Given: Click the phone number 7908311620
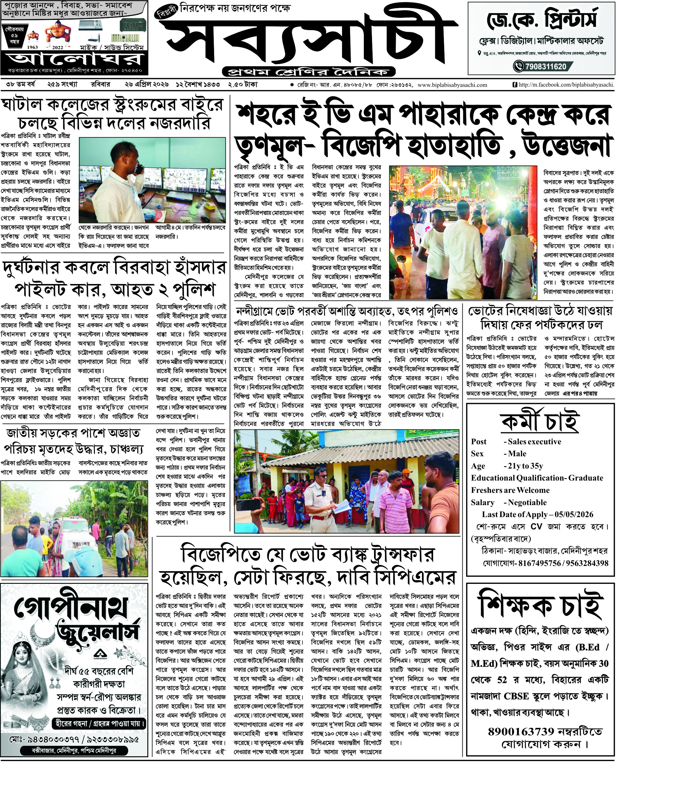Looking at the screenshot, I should [x=545, y=67].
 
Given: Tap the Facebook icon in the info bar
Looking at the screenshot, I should [x=515, y=85].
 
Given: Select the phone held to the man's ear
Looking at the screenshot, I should [x=138, y=169].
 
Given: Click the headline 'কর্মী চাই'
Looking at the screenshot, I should [x=540, y=421].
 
